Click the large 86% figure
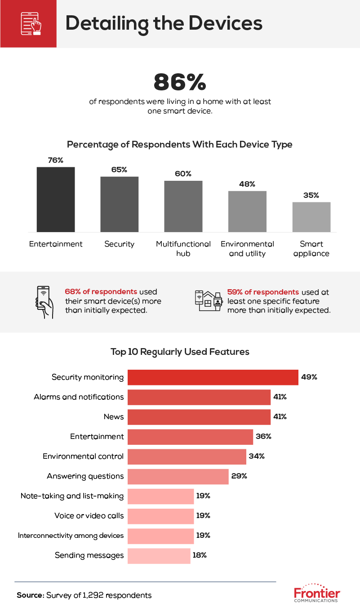click(180, 82)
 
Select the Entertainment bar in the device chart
click(56, 199)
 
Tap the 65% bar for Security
click(119, 204)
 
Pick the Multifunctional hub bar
click(183, 206)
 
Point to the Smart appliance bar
click(311, 217)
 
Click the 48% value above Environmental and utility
click(247, 184)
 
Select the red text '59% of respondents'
click(263, 292)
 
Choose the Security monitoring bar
click(213, 377)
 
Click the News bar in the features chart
click(199, 417)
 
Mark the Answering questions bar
click(178, 476)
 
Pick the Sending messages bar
click(159, 555)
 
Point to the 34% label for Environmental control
click(257, 456)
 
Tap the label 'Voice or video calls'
click(89, 516)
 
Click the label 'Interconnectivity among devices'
click(71, 536)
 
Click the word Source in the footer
click(30, 595)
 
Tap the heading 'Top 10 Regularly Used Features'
click(180, 352)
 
